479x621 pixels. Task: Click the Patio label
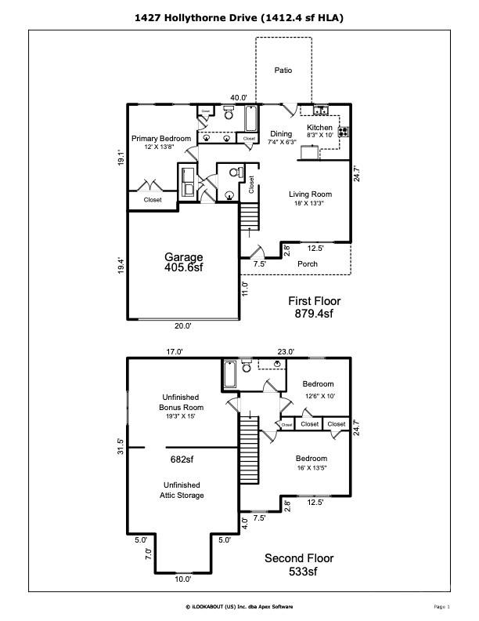[x=283, y=71]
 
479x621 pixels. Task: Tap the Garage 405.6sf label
[x=183, y=262]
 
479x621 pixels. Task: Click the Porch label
[x=308, y=263]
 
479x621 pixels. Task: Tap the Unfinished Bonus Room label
[x=182, y=402]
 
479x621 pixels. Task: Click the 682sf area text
[x=182, y=459]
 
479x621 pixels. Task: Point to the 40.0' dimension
[x=239, y=98]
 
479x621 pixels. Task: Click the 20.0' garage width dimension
[x=182, y=325]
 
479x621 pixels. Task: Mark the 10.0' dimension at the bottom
[x=182, y=579]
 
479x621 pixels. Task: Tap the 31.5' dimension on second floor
[x=121, y=446]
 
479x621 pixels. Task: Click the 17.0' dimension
[x=174, y=352]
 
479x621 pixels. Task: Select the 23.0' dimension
[x=286, y=352]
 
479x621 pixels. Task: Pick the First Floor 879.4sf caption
[x=314, y=307]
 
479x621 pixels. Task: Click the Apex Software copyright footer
[x=239, y=606]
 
